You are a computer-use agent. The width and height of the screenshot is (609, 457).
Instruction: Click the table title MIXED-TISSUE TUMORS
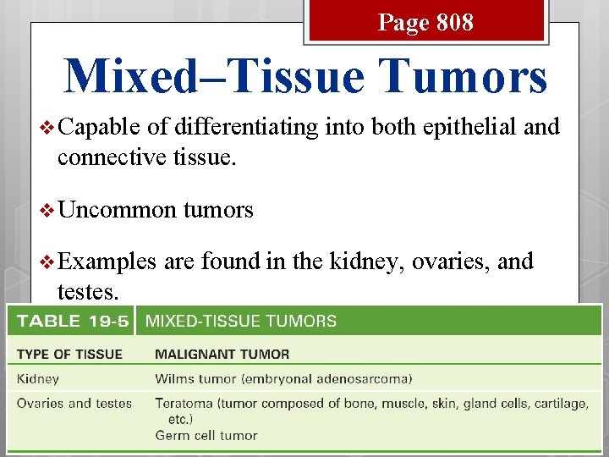[x=241, y=322]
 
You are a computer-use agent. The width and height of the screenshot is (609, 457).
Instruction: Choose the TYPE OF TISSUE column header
[x=69, y=354]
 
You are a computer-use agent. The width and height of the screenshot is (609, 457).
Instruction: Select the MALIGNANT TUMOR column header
[x=222, y=354]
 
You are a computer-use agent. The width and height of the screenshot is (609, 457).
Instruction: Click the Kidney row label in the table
[x=38, y=379]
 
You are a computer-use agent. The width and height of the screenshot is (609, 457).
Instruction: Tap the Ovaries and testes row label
[x=74, y=403]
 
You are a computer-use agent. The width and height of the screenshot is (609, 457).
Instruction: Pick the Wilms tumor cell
[x=272, y=379]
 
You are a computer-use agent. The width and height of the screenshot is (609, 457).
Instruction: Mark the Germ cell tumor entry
[x=206, y=436]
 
